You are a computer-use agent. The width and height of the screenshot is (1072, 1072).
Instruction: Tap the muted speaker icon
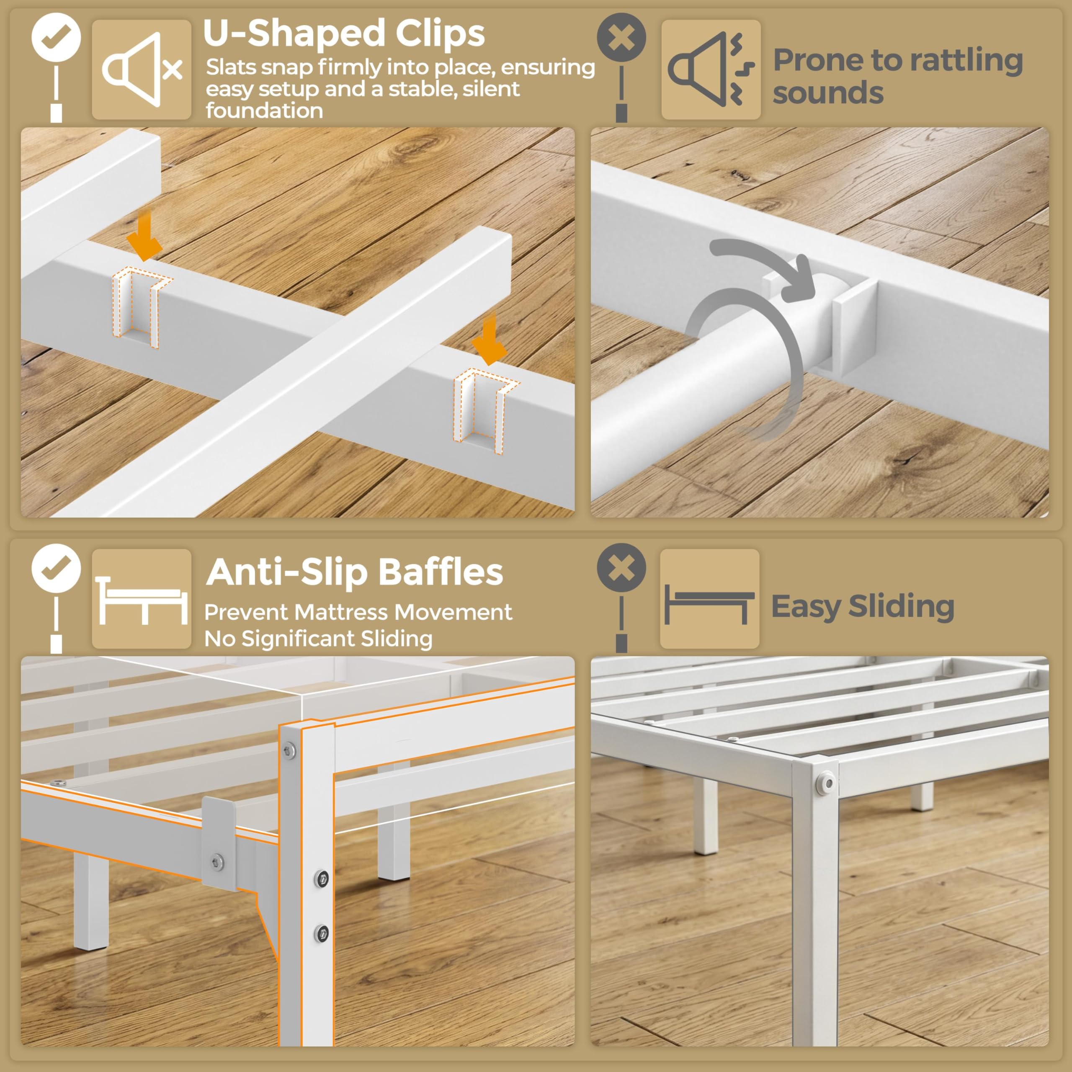coord(142,70)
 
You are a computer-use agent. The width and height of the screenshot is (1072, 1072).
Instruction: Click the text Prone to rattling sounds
coord(898,76)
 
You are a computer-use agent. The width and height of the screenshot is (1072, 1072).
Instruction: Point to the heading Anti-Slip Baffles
coord(355,572)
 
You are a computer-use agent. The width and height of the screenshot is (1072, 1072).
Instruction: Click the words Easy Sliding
coord(863,606)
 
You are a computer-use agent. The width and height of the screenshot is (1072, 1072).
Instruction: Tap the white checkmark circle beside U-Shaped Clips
coord(56,37)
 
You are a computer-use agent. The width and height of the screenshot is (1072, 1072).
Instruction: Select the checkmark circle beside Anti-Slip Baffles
coord(56,568)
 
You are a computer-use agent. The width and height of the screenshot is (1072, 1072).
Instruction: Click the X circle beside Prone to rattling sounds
coord(621,37)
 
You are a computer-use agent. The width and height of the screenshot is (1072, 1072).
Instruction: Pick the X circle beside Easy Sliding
coord(621,568)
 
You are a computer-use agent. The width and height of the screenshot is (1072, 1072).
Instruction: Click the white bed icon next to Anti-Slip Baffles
coord(142,601)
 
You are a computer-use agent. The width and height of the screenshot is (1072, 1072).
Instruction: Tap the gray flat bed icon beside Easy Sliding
coord(709,604)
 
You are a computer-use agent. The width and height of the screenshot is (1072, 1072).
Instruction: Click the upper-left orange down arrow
coord(145,235)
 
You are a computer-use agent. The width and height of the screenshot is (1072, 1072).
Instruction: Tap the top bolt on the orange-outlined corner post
coord(289,751)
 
